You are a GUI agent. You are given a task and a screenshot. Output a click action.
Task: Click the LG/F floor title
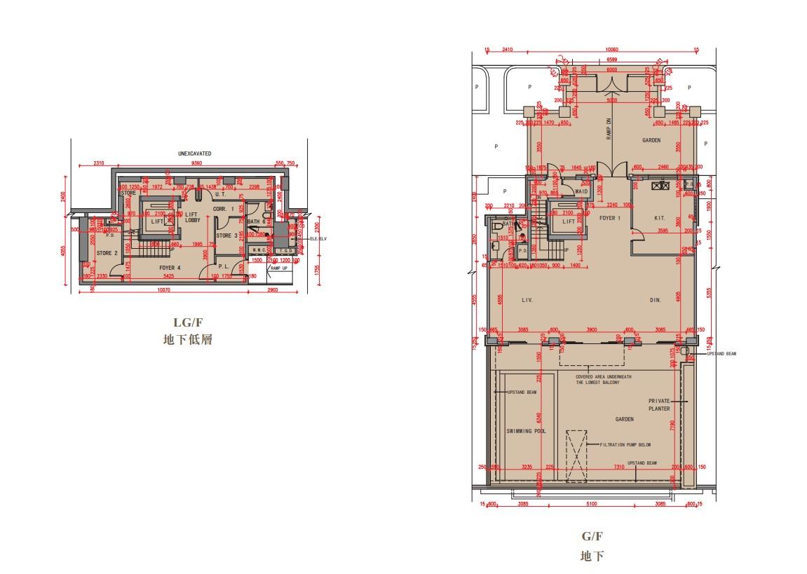pos(187,322)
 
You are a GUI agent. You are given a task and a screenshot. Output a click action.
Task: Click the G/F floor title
pos(592,538)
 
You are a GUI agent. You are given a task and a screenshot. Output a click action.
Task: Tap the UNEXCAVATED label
pos(194,153)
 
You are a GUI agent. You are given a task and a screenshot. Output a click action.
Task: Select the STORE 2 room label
pos(107,253)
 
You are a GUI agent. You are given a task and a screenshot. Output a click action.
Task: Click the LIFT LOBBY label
pos(192,217)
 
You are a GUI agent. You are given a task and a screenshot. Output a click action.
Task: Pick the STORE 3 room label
pos(226,235)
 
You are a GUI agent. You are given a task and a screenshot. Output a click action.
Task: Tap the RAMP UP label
pos(278,268)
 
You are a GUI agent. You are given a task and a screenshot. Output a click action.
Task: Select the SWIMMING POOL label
pos(526,431)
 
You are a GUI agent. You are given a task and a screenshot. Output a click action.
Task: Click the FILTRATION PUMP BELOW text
pos(625,444)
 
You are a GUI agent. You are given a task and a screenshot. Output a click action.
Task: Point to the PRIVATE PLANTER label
pos(659,404)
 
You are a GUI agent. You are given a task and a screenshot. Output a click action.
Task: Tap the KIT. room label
pos(660,218)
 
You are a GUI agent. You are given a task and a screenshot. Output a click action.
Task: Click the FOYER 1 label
pos(609,218)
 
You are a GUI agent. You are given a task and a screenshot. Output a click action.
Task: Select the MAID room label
pos(581,191)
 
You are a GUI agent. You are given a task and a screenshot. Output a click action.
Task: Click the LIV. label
pos(527,300)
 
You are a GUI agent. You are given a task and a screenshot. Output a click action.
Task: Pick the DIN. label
pos(655,300)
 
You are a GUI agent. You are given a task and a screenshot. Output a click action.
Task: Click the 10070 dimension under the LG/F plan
pos(163,289)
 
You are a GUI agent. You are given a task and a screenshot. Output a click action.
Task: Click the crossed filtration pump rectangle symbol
pos(576,456)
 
